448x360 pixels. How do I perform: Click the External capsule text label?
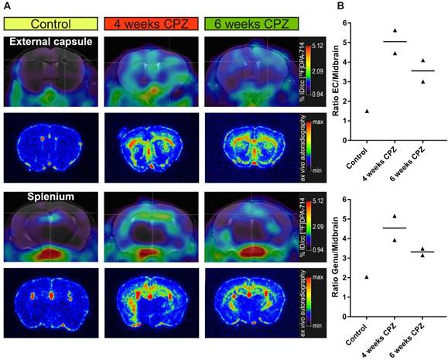point(50,41)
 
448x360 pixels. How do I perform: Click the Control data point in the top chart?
point(366,111)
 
